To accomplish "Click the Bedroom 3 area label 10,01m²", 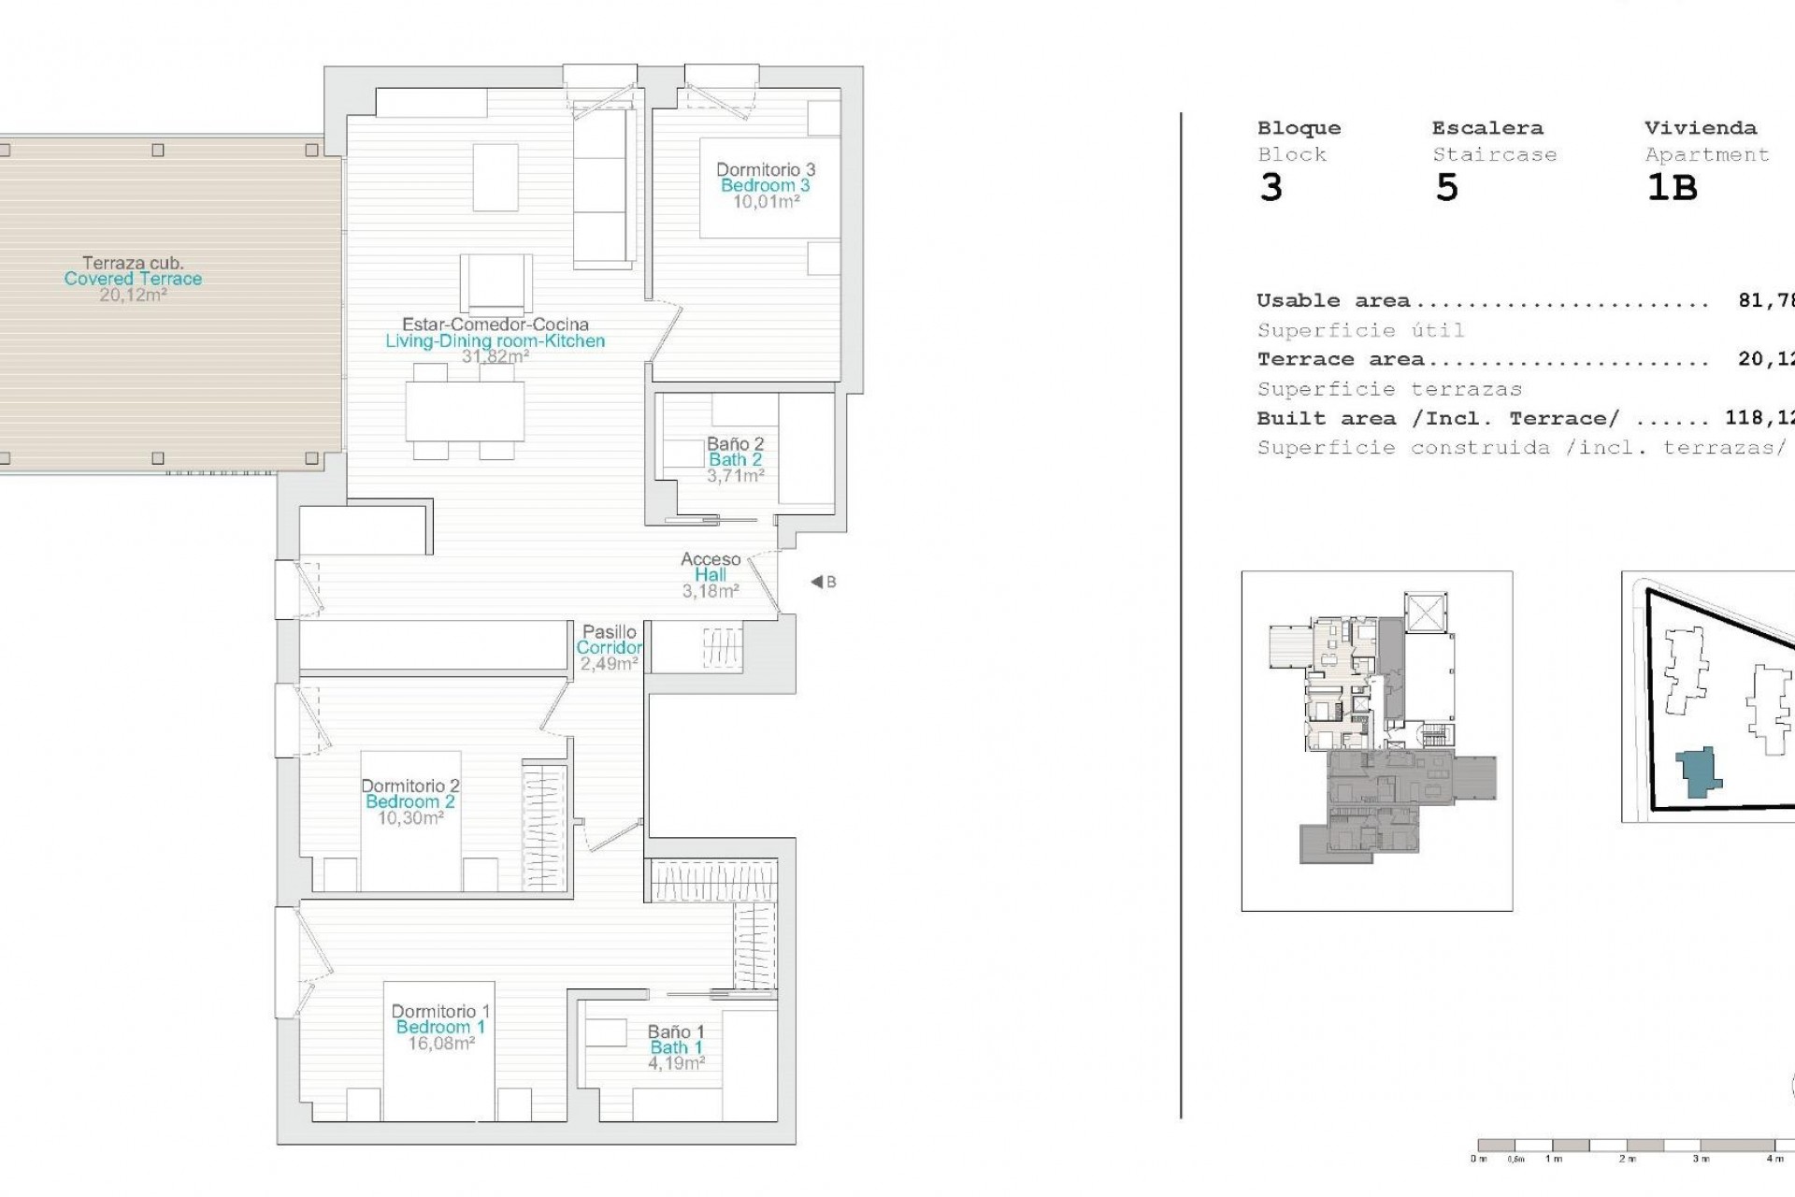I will coord(766,201).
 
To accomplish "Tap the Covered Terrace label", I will coord(133,279).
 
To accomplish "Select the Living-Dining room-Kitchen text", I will coord(495,341).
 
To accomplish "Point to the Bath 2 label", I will coord(735,459).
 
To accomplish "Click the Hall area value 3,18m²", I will coord(711,591).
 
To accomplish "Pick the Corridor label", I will coord(610,647).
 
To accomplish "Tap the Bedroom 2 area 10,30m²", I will coord(410,818).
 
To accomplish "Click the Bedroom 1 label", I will coord(440,1027).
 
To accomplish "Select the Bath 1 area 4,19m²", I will coord(676,1063).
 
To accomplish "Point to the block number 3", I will coord(1271,188).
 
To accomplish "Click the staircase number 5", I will coord(1446,188).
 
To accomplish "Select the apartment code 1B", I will coord(1671,188).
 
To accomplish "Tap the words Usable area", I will coord(1333,301).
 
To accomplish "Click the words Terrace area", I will coord(1340,359).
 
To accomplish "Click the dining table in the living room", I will coord(465,411).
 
